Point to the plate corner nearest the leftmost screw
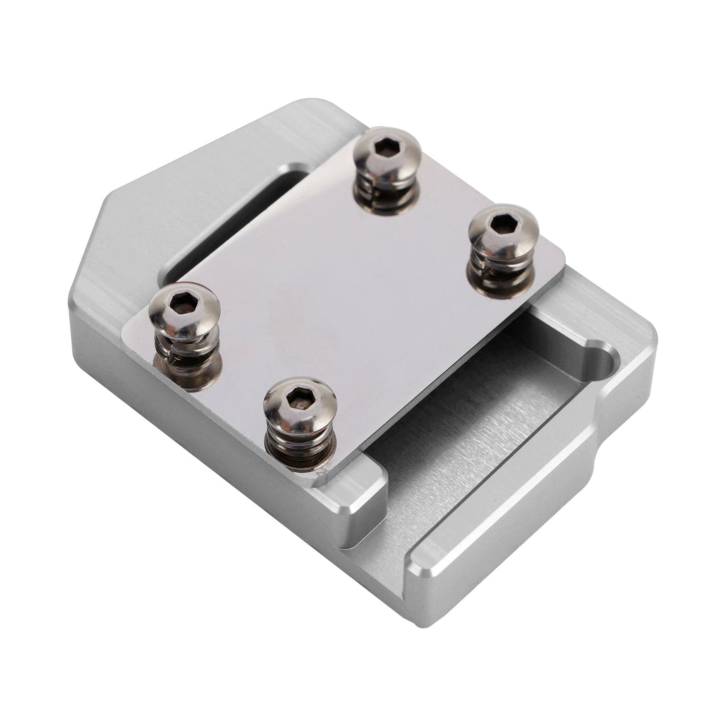coord(126,327)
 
